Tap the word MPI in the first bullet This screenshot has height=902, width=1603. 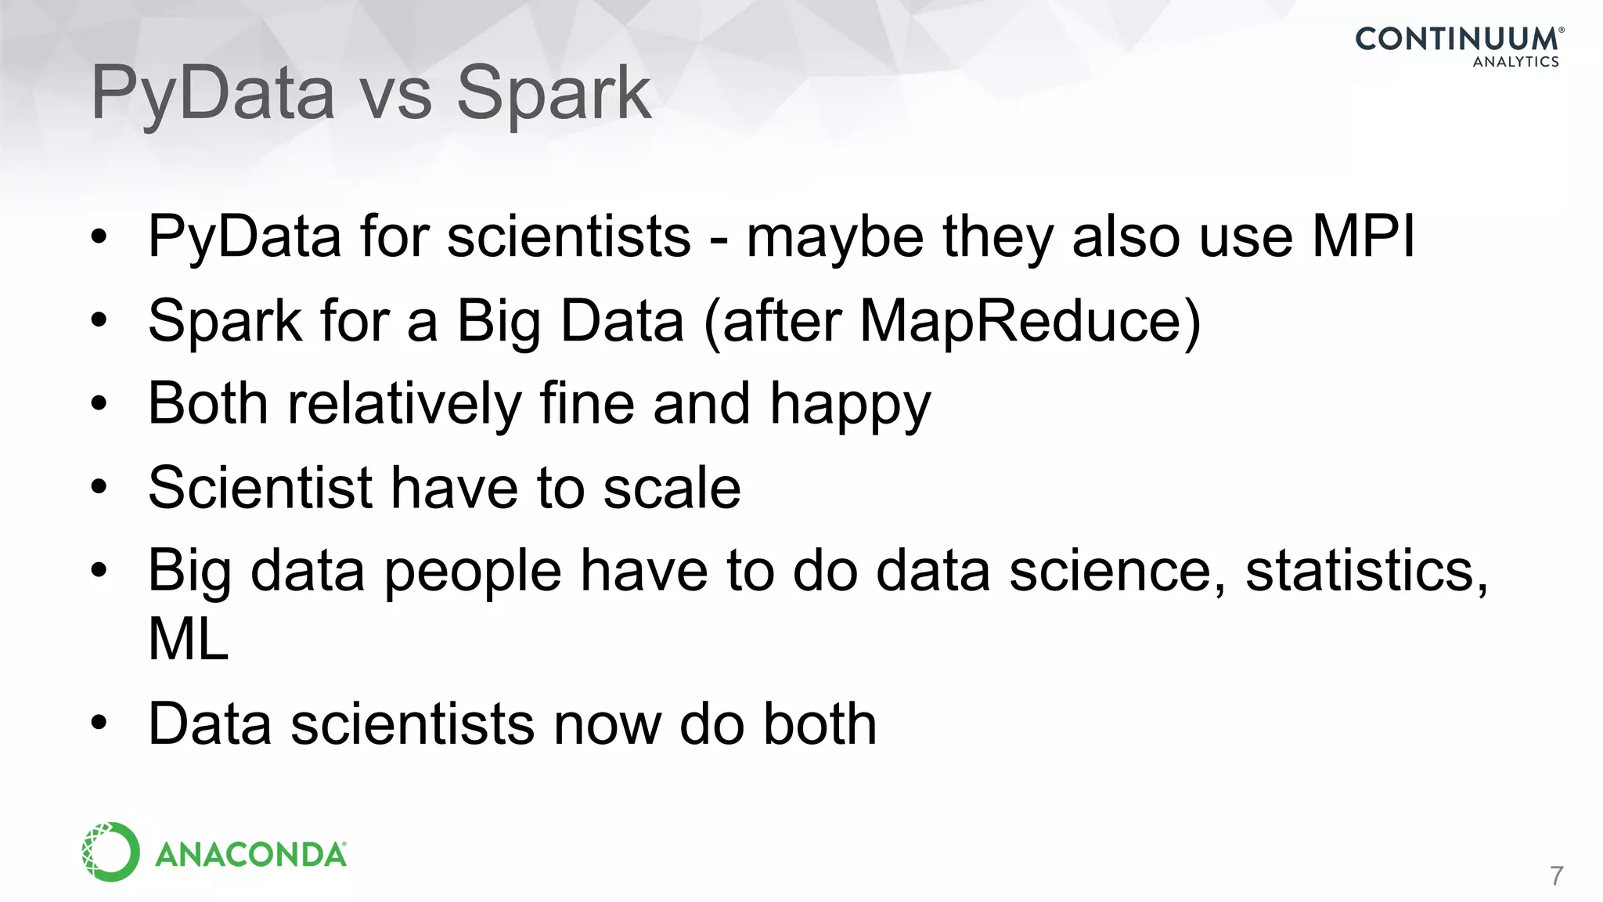[1363, 236]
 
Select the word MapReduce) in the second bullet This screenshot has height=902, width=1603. [1030, 320]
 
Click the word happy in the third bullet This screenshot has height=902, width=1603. [850, 405]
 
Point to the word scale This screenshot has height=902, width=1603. [672, 488]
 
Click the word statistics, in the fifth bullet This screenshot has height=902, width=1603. [1367, 571]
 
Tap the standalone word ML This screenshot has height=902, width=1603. [189, 639]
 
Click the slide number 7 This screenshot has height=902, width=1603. [1556, 875]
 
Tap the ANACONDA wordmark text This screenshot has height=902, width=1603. [250, 854]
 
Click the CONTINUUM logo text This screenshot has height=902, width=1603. [1456, 39]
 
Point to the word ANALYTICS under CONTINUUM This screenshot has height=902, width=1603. [1515, 62]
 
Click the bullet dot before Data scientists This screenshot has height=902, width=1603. [98, 724]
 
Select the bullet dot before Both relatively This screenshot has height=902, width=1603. [98, 405]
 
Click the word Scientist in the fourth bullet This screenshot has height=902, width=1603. [259, 488]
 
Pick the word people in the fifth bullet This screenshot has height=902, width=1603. [473, 572]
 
